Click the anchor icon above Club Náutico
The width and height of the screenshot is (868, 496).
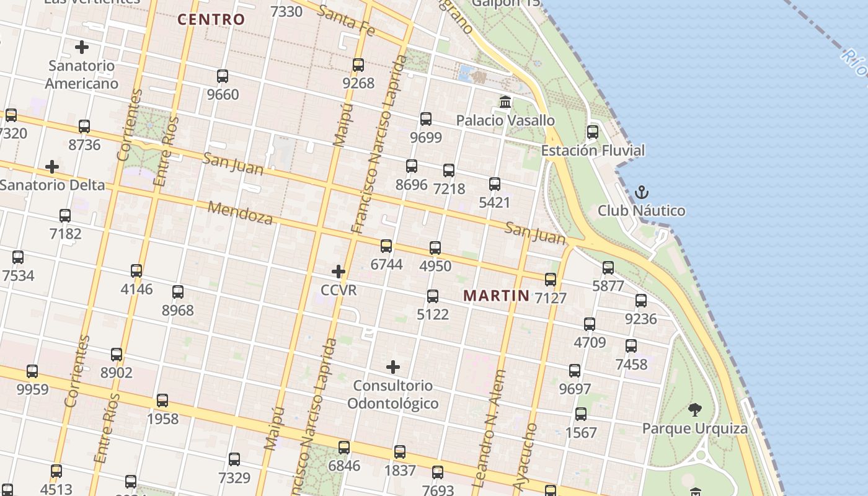(641, 192)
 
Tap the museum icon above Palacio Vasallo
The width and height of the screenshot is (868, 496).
(505, 102)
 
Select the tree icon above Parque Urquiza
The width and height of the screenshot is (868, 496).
(694, 409)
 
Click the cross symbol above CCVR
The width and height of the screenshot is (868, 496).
(339, 271)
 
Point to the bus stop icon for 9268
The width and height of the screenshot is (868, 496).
(358, 64)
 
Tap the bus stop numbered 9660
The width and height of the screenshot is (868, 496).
(223, 76)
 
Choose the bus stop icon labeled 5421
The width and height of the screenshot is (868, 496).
(494, 184)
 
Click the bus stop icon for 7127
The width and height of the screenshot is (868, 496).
(551, 280)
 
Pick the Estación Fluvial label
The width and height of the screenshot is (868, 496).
(593, 151)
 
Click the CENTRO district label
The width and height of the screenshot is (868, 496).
(211, 19)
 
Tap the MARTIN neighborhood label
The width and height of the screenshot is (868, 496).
(497, 296)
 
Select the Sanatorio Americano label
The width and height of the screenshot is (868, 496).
(81, 74)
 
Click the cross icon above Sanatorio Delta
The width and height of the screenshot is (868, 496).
(52, 167)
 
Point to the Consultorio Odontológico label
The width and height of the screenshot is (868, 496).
(392, 394)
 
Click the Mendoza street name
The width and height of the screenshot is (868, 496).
(240, 213)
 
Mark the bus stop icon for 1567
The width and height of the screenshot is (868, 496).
(581, 414)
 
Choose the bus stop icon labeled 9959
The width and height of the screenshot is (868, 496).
(32, 371)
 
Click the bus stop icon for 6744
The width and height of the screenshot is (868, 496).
(386, 246)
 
